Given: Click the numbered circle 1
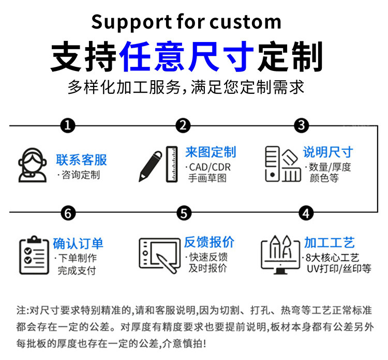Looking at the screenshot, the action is [x=68, y=125].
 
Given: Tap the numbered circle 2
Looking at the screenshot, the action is [x=183, y=125].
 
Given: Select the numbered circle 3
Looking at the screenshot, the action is [x=302, y=125].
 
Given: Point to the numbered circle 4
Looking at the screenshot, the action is [x=306, y=213].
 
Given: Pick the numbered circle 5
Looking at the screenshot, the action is [x=184, y=213].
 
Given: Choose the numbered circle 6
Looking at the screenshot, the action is [x=68, y=213].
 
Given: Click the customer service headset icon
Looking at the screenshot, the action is [x=33, y=165].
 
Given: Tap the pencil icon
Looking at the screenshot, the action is [x=150, y=166].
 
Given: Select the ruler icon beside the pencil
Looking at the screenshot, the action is [x=172, y=164].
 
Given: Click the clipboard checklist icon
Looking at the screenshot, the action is [x=34, y=255].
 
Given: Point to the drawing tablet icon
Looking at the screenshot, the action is [x=160, y=255].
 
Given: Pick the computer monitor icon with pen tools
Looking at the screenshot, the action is [x=280, y=255].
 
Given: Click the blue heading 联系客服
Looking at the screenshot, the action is [x=81, y=160].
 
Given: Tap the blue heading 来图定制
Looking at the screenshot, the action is [x=211, y=152].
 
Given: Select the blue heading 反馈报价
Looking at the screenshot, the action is [x=209, y=242].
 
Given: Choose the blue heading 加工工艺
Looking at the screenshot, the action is [x=330, y=242].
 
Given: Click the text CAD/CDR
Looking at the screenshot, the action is [x=210, y=167].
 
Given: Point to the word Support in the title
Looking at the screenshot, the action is [x=131, y=22].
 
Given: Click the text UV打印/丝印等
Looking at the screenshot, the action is [x=339, y=268].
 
